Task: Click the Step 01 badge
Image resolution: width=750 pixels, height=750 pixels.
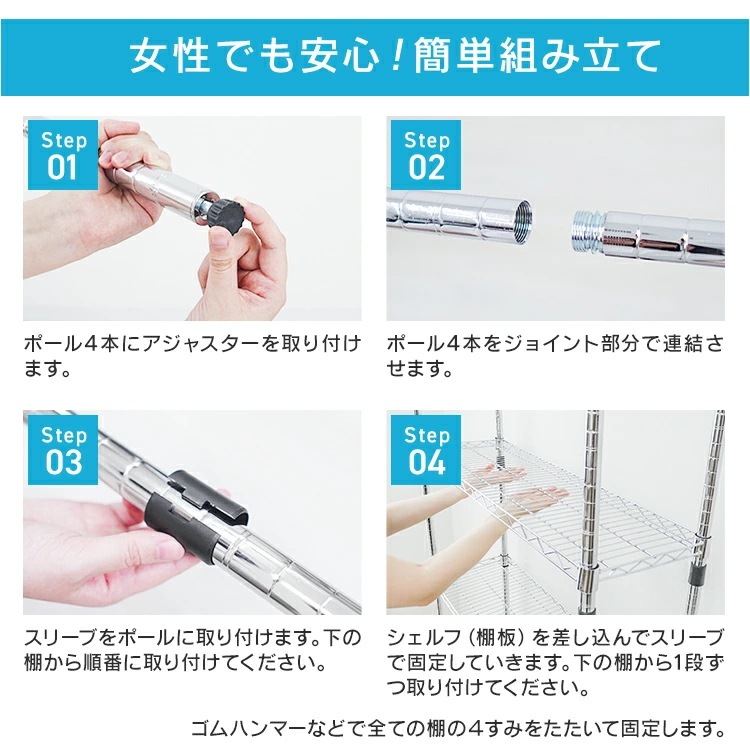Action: tap(61, 154)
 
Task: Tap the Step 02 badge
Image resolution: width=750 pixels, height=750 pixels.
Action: tap(426, 154)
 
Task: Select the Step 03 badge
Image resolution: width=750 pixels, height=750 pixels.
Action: tap(62, 449)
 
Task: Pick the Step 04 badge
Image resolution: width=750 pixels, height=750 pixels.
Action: tap(426, 449)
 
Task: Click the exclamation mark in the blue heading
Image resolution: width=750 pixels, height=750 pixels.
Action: tap(393, 56)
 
